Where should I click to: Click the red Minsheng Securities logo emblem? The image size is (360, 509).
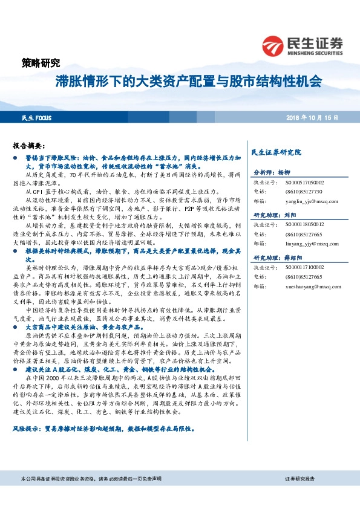click(x=273, y=46)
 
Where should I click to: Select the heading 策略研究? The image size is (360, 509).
click(x=41, y=63)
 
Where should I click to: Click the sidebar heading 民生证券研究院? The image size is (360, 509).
click(x=277, y=152)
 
